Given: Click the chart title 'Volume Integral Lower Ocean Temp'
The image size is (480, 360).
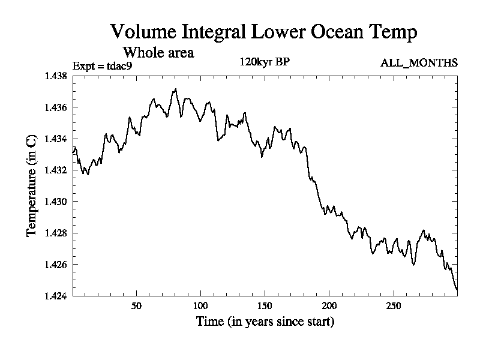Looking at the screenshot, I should click(263, 32).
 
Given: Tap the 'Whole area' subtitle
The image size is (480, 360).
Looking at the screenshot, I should click(158, 52).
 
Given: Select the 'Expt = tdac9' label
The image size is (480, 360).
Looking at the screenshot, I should click(101, 65).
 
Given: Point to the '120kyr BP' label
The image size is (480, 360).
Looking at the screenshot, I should click(265, 61).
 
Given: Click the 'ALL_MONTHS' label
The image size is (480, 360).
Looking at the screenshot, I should click(419, 62).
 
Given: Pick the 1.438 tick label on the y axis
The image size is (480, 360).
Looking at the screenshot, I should click(56, 76).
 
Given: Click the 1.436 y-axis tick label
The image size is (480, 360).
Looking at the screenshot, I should click(56, 107).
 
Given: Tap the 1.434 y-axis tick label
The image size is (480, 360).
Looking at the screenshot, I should click(56, 139).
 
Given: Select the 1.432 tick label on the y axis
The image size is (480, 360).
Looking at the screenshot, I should click(56, 170).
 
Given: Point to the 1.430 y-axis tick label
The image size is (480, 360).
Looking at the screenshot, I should click(56, 202).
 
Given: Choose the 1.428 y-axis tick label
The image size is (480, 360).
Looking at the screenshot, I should click(56, 233).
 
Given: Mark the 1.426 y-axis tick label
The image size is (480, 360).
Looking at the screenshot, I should click(56, 265).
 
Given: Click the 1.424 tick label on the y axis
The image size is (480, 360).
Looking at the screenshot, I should click(56, 296).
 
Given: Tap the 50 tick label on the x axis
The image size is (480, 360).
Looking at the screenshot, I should click(136, 305).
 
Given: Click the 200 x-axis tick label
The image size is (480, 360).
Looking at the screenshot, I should click(329, 305).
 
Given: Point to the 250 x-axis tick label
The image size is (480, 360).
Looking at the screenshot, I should click(393, 305).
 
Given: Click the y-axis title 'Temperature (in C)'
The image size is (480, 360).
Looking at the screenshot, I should click(32, 186).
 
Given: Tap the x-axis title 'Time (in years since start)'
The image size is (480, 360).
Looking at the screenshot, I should click(265, 322).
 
